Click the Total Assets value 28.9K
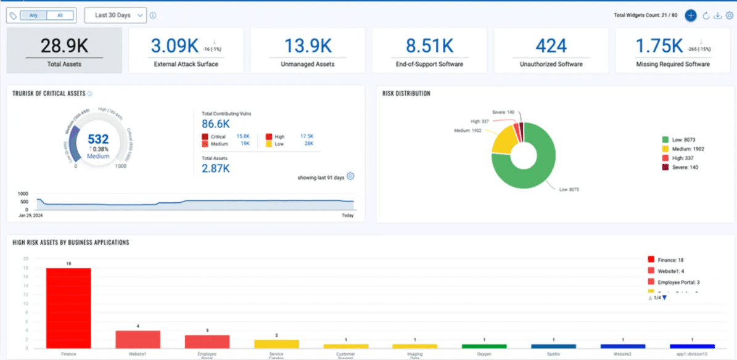(64, 46)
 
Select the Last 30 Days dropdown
(115, 15)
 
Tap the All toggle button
(60, 15)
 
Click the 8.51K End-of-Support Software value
(429, 46)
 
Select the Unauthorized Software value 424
(551, 46)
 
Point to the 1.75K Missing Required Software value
(659, 46)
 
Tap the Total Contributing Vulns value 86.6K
(216, 124)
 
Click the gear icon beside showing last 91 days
(350, 176)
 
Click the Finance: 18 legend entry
(669, 260)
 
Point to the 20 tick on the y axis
(25, 259)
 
